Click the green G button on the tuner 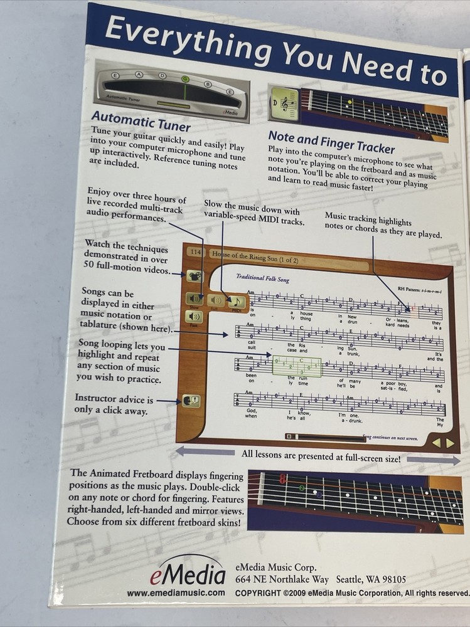pyautogui.click(x=185, y=79)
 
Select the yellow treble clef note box pyautogui.click(x=283, y=103)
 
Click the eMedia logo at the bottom pyautogui.click(x=188, y=574)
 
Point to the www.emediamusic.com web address pyautogui.click(x=176, y=593)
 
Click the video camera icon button pyautogui.click(x=195, y=275)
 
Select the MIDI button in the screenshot pyautogui.click(x=237, y=302)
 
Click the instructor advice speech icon pyautogui.click(x=191, y=400)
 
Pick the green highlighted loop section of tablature pyautogui.click(x=296, y=366)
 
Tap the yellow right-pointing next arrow pyautogui.click(x=450, y=443)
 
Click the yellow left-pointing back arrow pyautogui.click(x=437, y=442)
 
